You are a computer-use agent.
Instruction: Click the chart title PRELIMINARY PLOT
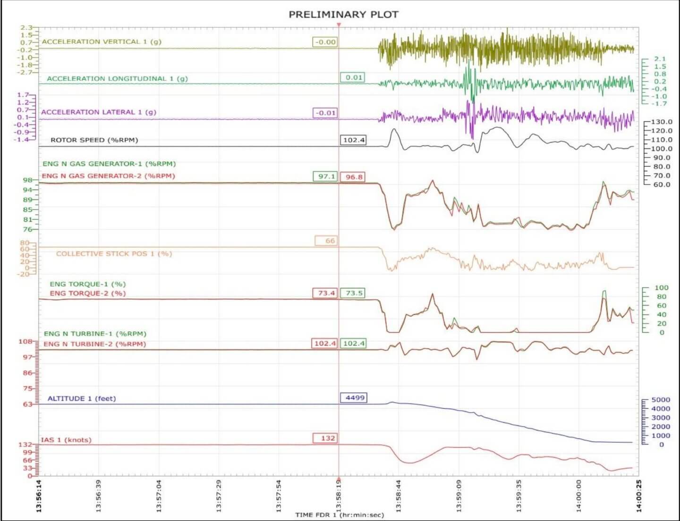point(343,15)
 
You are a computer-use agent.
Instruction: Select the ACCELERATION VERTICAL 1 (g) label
point(102,42)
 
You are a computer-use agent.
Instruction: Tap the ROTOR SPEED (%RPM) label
point(94,140)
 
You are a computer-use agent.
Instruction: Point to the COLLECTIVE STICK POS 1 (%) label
point(114,254)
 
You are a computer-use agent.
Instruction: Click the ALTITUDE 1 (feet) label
point(81,399)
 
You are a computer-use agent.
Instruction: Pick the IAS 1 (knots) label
point(66,440)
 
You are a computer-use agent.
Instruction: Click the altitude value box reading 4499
point(354,398)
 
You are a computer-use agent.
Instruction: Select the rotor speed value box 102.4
point(353,140)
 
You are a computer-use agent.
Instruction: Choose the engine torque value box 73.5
point(353,293)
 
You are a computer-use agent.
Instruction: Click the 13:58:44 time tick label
point(399,496)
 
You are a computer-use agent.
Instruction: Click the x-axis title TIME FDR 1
point(340,515)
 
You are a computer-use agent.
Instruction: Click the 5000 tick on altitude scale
point(660,400)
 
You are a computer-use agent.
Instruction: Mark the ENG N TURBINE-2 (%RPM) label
point(94,344)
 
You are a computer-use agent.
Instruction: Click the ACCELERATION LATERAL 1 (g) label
point(98,112)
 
